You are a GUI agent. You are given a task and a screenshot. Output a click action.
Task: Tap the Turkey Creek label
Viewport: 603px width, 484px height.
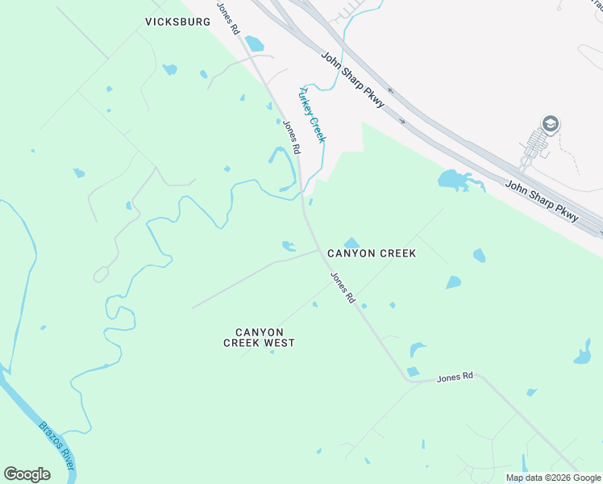[312, 114]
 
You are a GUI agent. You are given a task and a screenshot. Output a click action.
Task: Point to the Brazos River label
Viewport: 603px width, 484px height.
[59, 445]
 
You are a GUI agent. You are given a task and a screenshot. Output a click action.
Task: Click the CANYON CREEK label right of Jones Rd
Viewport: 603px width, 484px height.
[372, 253]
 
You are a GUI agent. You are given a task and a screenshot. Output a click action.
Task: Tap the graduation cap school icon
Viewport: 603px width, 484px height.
[551, 124]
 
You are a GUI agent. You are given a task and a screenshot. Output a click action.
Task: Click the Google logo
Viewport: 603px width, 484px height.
[27, 474]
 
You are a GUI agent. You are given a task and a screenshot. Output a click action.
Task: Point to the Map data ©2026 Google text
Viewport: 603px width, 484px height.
[553, 478]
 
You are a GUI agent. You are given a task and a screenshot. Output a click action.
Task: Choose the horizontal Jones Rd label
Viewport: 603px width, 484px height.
[455, 377]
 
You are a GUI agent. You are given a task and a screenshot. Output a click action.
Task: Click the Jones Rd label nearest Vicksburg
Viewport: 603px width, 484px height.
[227, 17]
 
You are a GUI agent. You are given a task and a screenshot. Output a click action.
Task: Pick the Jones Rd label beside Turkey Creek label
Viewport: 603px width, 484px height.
[291, 137]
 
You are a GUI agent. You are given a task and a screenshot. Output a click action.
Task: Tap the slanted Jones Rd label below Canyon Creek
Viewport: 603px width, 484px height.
[343, 287]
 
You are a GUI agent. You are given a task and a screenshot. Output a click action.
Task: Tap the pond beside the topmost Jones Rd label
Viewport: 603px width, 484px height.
[254, 43]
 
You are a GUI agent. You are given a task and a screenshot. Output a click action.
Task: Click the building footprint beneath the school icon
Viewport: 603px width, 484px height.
[535, 145]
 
